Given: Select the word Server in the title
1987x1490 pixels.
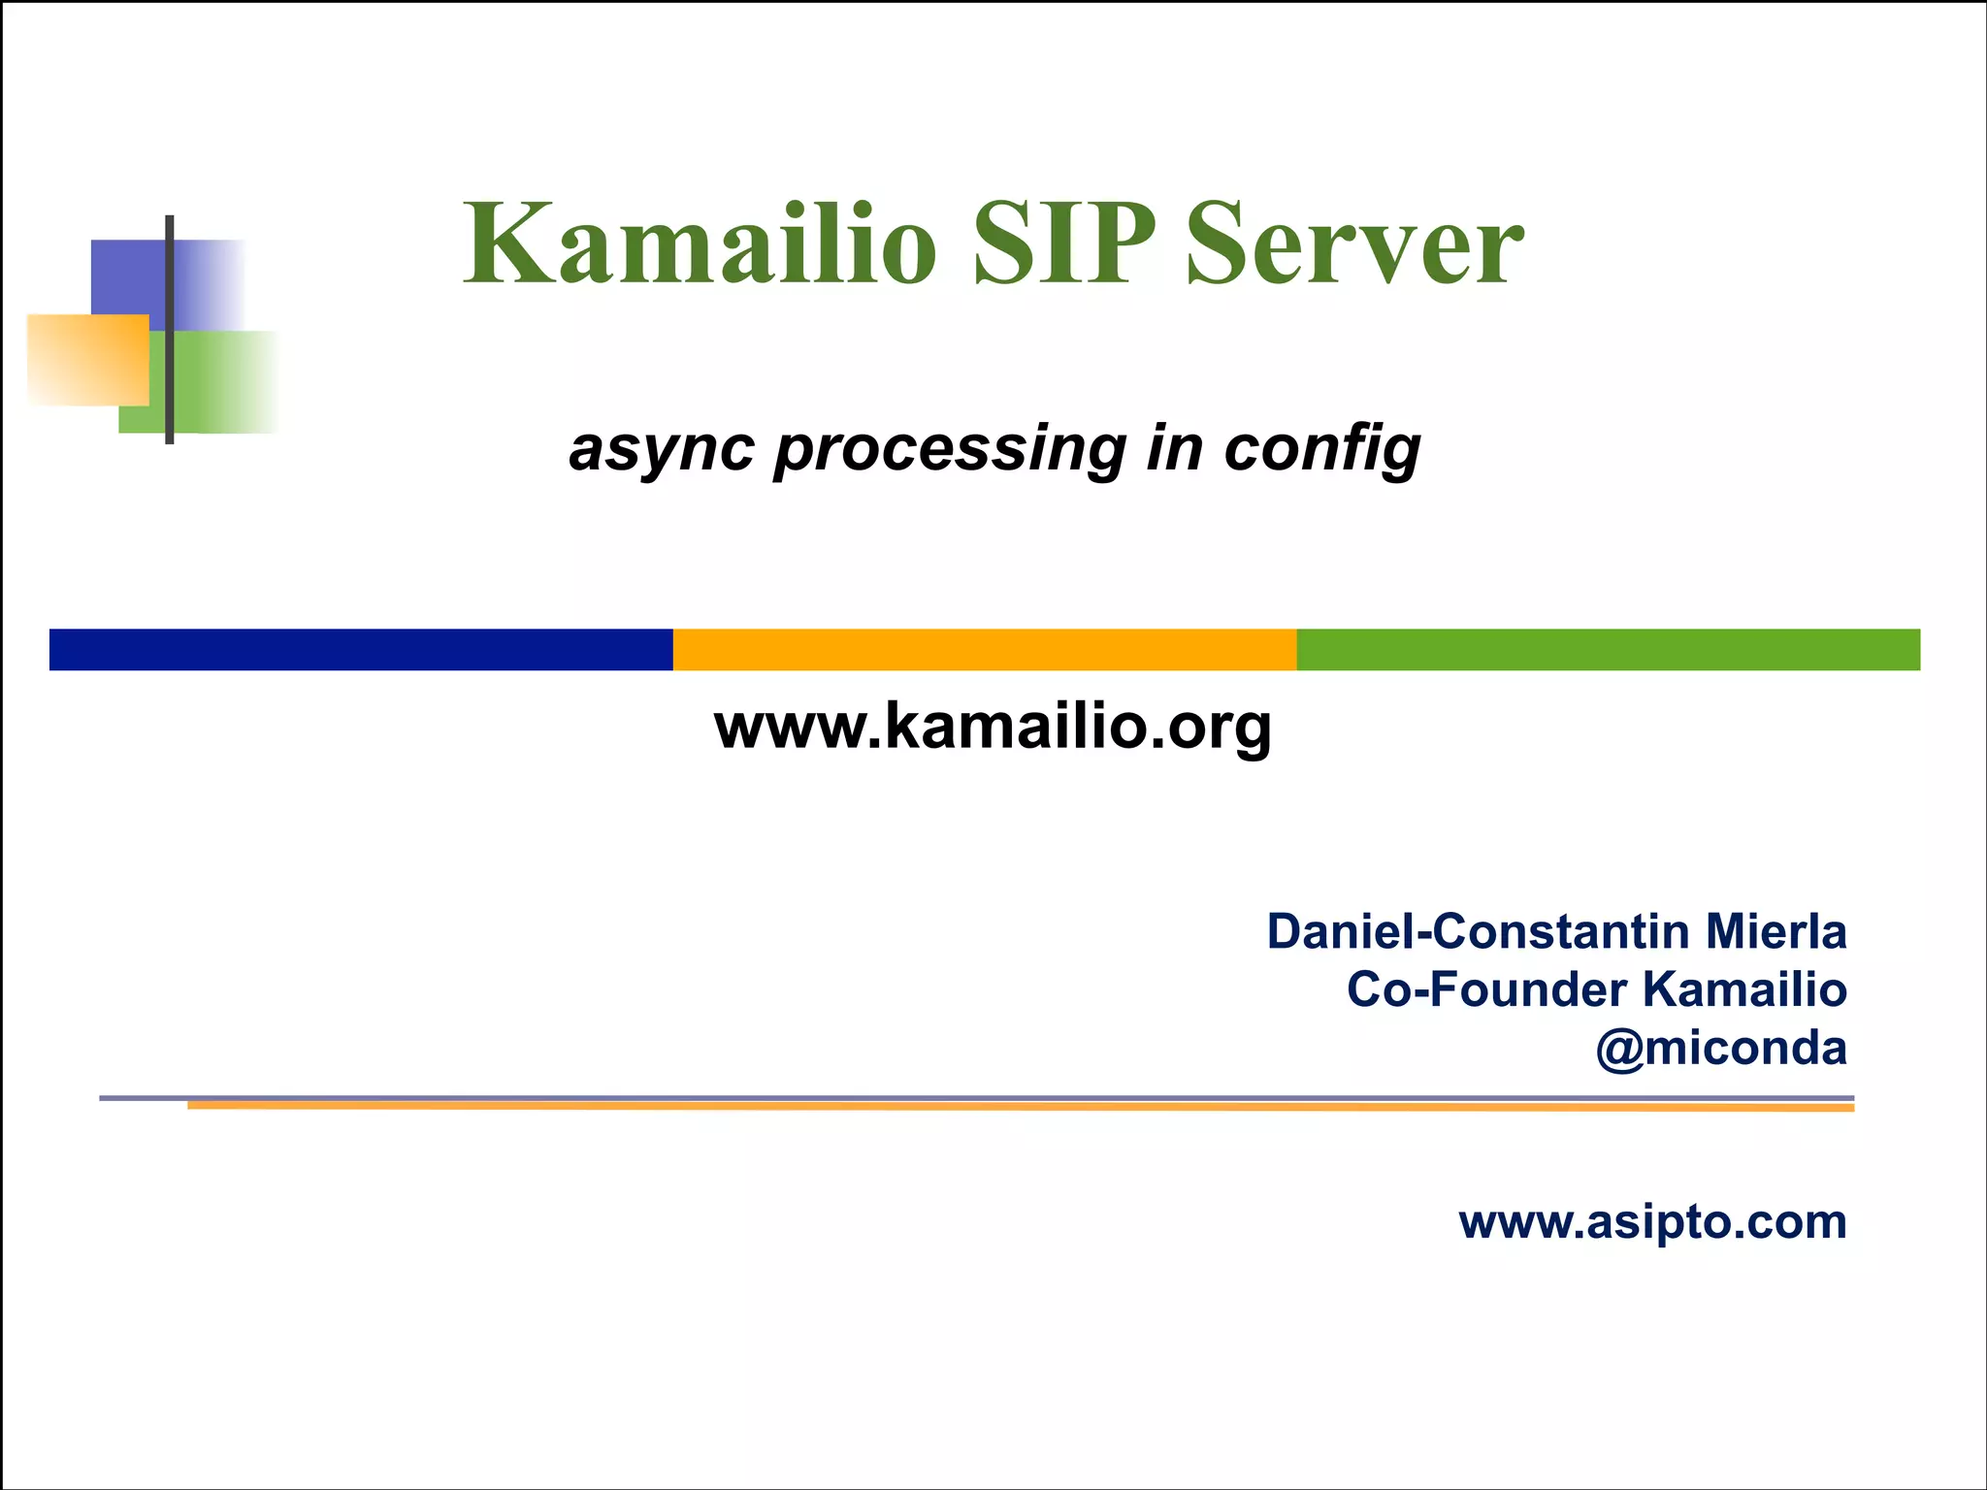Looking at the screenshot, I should coord(1354,244).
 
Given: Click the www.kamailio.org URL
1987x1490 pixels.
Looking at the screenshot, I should coord(992,728).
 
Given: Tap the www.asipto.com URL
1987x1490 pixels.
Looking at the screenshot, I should coord(1652,1221).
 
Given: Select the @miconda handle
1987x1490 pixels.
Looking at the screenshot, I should coord(1721,1049).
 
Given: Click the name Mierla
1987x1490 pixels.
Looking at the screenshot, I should coord(1775,931).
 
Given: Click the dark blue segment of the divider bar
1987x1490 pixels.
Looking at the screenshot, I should coord(361,649).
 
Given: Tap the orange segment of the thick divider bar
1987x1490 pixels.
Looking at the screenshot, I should coord(984,649).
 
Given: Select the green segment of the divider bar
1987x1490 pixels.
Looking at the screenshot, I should coord(1608,649).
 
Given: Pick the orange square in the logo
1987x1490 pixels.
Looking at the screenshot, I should coord(87,359).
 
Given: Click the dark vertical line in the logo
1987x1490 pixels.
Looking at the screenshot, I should coord(170,330).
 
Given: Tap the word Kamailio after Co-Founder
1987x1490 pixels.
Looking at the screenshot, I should coord(1744,990).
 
